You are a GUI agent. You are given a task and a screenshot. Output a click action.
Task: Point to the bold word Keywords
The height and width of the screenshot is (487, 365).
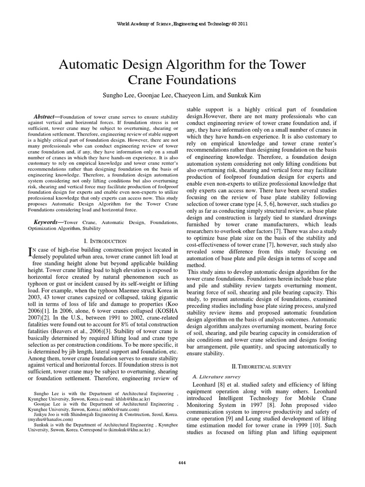coord(48,222)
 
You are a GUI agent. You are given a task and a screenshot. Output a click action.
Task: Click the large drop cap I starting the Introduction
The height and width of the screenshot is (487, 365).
coord(32,252)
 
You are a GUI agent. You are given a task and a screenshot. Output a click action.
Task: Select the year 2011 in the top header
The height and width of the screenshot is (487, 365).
coord(240,23)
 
